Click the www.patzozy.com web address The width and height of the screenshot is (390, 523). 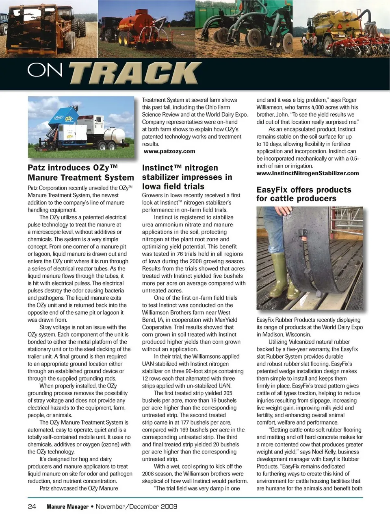169,151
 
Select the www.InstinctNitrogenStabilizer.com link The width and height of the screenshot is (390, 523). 308,173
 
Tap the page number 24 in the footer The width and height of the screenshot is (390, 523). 32,506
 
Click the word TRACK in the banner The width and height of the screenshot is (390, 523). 134,74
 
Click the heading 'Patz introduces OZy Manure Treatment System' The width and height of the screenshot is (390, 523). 80,172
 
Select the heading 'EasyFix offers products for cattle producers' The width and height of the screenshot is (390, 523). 303,194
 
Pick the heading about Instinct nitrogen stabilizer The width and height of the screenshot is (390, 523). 187,177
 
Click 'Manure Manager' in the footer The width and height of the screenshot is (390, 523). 67,507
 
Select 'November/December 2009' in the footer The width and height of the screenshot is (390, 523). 136,506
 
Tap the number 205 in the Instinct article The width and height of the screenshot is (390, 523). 227,393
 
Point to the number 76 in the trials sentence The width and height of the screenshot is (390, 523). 180,254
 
